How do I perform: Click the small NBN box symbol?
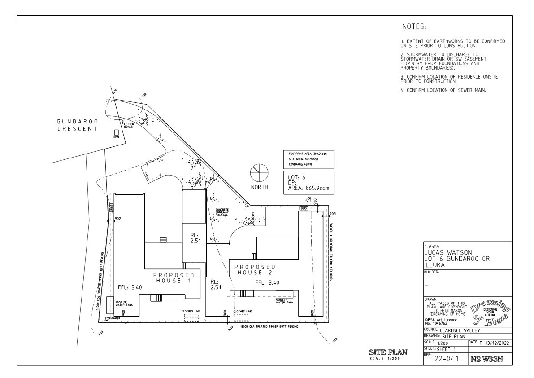click(x=116, y=132)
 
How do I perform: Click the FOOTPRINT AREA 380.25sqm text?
click(x=308, y=154)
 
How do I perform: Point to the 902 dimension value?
click(x=118, y=219)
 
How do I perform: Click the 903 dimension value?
click(x=332, y=214)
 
